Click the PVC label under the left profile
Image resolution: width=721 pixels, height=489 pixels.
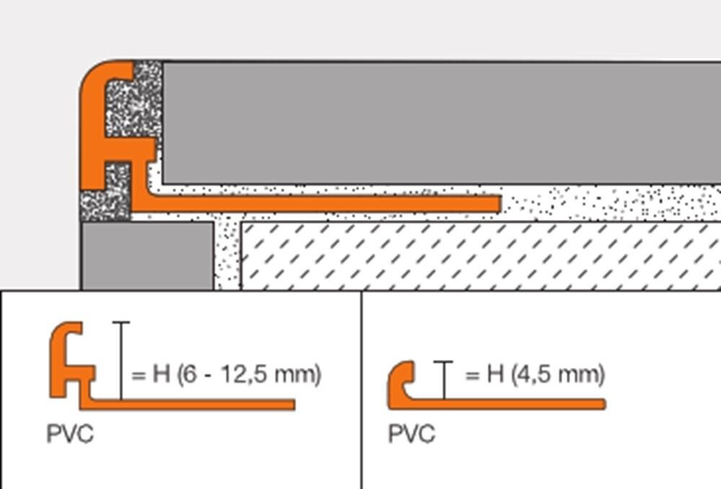click(70, 433)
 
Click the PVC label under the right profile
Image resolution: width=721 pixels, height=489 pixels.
click(412, 433)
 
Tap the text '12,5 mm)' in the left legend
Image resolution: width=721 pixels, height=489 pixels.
click(271, 374)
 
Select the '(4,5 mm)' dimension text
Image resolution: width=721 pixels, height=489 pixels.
click(558, 374)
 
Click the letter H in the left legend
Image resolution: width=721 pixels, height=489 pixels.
click(162, 374)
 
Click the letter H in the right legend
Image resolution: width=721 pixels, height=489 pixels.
click(495, 374)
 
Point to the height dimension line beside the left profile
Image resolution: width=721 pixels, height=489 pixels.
click(121, 361)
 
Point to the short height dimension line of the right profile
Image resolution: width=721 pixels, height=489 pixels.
click(443, 380)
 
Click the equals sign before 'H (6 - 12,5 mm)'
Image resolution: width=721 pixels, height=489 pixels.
click(138, 375)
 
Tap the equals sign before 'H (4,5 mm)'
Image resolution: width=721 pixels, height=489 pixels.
click(472, 375)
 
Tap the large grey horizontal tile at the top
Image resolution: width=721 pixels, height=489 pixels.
click(441, 123)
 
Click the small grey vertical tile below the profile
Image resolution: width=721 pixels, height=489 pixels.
click(147, 256)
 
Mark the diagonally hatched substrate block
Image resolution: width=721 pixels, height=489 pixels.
click(480, 256)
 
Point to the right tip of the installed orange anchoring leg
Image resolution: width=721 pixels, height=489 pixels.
click(500, 204)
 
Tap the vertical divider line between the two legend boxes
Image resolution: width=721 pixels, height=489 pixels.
click(361, 389)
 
